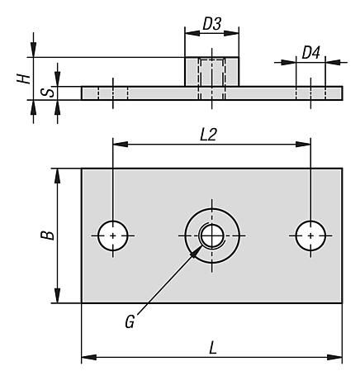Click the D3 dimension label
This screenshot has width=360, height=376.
coord(211,24)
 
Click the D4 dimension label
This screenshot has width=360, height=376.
coord(310,53)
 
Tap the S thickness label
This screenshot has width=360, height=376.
coord(48,93)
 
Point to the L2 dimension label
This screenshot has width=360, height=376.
coord(208,135)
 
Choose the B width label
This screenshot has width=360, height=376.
coord(47,235)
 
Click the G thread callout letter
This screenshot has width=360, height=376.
coord(130,321)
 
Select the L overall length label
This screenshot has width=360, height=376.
coord(212,348)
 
